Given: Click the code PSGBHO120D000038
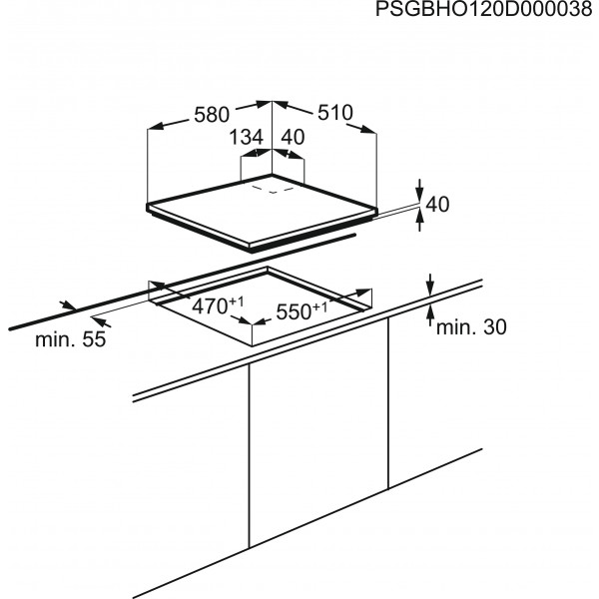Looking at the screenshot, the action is click(484, 9).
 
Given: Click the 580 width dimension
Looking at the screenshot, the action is click(212, 115).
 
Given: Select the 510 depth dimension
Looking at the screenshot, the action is click(335, 113).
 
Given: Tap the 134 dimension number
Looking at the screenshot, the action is click(247, 137).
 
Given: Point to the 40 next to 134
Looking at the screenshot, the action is click(293, 137).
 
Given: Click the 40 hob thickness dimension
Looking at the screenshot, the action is click(437, 205).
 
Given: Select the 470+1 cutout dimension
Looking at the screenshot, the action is click(218, 305).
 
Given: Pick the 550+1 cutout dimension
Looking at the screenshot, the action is click(301, 310).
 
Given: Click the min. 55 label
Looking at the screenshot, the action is click(70, 338).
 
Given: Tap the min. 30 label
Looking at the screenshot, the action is click(471, 327).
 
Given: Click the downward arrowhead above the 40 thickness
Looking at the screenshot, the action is click(420, 193).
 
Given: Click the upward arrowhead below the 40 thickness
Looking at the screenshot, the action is click(420, 217).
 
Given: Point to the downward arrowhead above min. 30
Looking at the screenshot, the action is click(430, 288).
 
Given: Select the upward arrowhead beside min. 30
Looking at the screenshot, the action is click(430, 313).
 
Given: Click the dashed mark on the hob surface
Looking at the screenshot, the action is click(273, 190).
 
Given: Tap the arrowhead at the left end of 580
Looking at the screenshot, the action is click(155, 127).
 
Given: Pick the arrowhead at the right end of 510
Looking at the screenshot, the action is click(368, 129).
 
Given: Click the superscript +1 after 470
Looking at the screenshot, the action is click(237, 301).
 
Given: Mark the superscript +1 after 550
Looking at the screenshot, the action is click(320, 306).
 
